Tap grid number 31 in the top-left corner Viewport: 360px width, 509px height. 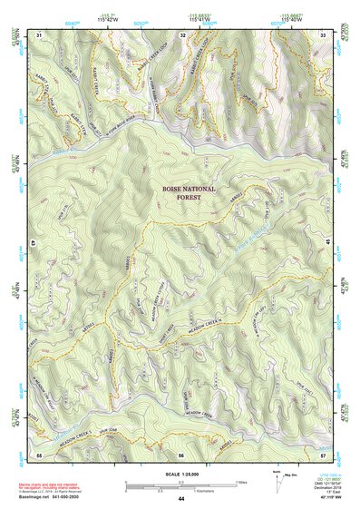[39, 34]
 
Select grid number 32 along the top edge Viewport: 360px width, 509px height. [183, 34]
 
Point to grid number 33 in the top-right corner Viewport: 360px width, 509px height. [324, 34]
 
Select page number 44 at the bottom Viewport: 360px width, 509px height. [181, 498]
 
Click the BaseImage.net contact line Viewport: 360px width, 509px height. [54, 495]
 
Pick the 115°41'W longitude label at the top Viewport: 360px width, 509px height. [199, 21]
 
